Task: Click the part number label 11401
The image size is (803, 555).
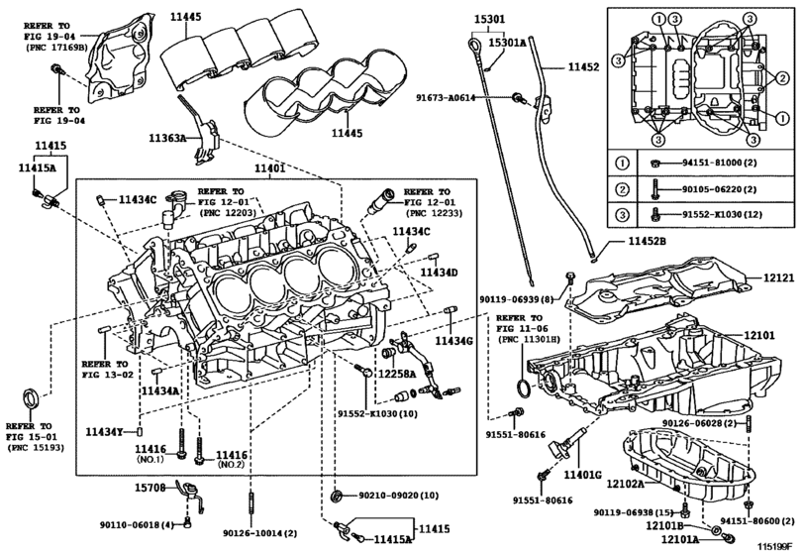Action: pyautogui.click(x=268, y=169)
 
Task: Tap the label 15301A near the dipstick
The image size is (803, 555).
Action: pyautogui.click(x=507, y=43)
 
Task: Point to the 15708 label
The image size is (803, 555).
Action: pyautogui.click(x=152, y=488)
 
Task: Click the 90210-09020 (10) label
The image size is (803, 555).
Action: pyautogui.click(x=398, y=494)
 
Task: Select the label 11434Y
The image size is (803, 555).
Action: pyautogui.click(x=103, y=432)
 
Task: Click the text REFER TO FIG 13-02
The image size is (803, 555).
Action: pyautogui.click(x=105, y=370)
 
